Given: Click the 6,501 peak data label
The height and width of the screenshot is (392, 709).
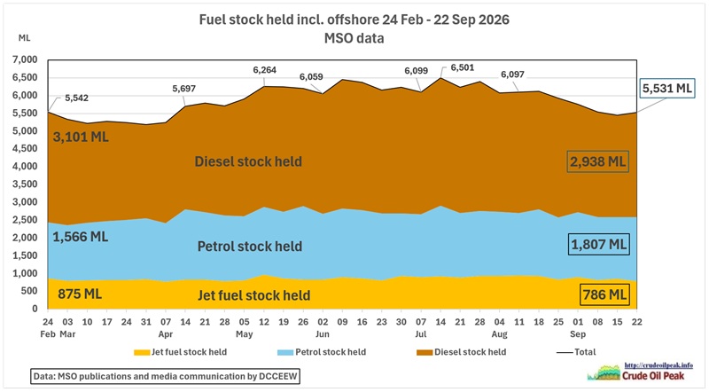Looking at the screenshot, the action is click(463, 68).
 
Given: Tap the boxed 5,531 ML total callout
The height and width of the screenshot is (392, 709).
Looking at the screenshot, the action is click(667, 89).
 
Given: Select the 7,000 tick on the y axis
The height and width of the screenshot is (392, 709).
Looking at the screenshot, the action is click(28, 59).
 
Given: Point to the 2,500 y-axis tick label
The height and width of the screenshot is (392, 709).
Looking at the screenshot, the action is click(28, 220).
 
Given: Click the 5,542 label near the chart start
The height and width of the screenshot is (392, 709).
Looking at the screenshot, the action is click(76, 98).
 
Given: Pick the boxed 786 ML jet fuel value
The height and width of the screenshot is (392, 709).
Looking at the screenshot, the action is click(604, 294).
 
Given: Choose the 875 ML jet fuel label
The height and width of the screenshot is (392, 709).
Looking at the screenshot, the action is click(80, 294).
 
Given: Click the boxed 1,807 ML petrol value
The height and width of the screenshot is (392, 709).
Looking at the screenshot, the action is click(599, 245).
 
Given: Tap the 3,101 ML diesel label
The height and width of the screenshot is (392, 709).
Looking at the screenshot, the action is click(81, 137).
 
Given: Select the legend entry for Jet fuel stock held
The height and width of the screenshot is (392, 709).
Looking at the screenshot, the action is click(181, 352).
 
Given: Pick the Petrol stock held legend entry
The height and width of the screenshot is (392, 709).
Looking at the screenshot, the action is click(322, 352).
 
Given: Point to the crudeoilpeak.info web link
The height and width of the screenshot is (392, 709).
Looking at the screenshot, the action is click(658, 365).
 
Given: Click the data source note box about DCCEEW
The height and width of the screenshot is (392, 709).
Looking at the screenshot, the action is click(165, 376).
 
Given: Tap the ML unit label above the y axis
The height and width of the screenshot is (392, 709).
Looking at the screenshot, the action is click(25, 38).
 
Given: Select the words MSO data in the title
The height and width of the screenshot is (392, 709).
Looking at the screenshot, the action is click(354, 38).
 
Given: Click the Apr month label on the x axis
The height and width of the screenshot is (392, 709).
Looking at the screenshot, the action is click(166, 334).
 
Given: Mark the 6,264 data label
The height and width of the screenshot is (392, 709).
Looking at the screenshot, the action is click(264, 70).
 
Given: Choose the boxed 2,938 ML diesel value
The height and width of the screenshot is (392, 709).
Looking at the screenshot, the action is click(597, 161).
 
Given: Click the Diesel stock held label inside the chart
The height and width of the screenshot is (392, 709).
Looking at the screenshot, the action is click(248, 161).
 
